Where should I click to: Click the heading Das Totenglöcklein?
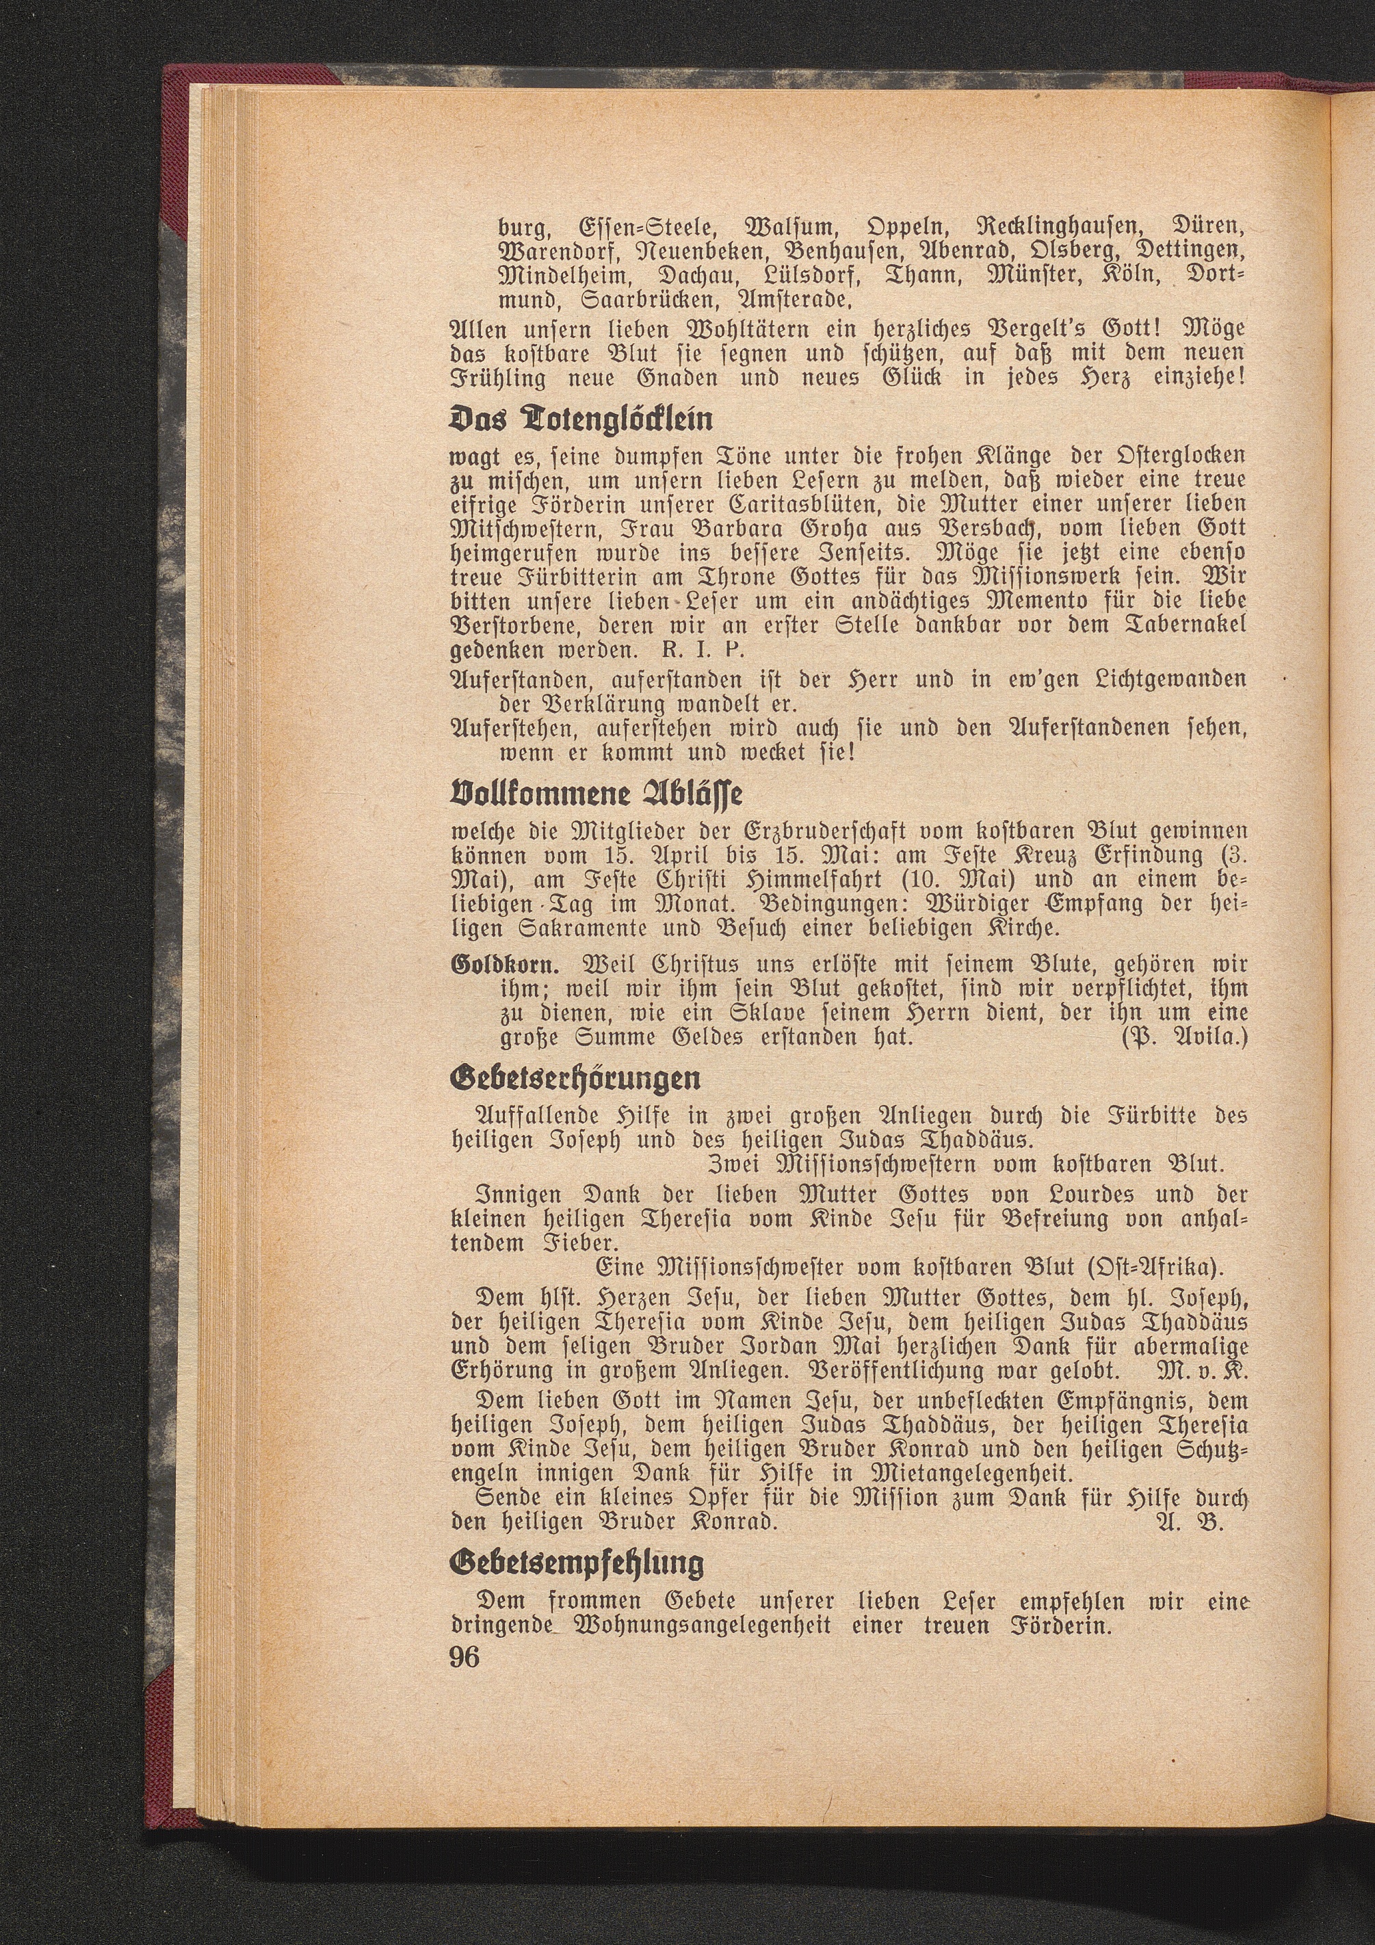(581, 420)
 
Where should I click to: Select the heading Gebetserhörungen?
(577, 1078)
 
